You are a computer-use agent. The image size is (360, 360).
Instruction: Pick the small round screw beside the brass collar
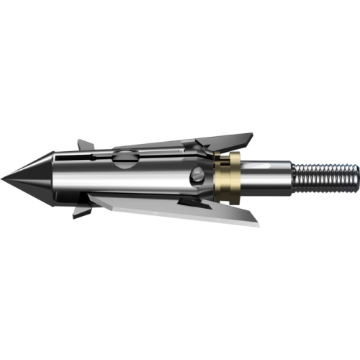[x=198, y=176]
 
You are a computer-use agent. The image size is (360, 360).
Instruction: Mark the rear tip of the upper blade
[x=251, y=135]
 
